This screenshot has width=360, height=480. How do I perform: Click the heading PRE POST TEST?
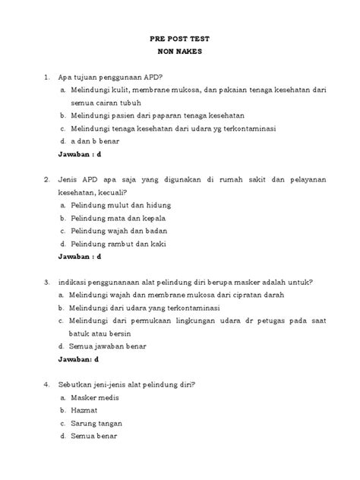[180, 39]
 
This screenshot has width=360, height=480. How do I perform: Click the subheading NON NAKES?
[180, 53]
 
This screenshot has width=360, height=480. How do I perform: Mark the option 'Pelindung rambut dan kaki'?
[118, 244]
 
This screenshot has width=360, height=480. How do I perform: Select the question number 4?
[47, 384]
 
